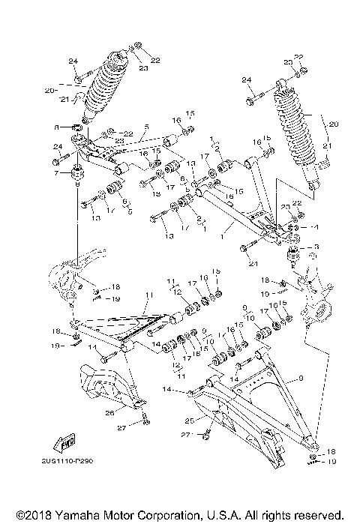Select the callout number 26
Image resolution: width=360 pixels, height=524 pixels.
pos(110,412)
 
